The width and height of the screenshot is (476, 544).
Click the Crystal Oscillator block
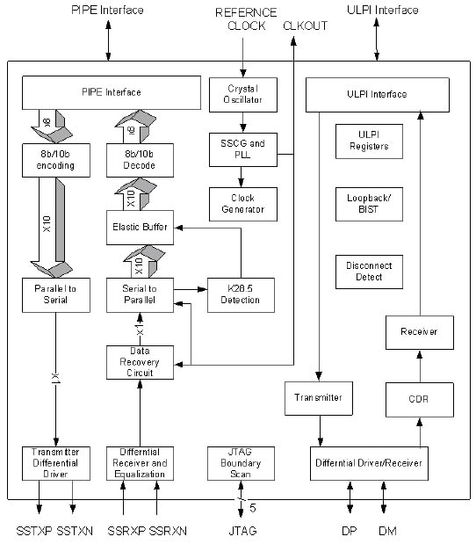[242, 95]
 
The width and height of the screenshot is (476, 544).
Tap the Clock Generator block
[242, 204]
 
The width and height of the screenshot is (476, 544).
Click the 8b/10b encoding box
[55, 160]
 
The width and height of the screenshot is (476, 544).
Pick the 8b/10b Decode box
[139, 160]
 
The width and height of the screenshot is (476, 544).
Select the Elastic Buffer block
[139, 226]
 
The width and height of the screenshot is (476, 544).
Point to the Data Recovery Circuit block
[139, 361]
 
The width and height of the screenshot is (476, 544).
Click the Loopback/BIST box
[369, 205]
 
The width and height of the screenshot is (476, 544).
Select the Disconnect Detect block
[369, 271]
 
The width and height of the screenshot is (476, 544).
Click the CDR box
[419, 399]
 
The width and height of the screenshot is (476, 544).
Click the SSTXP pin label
[34, 531]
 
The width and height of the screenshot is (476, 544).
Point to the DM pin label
[386, 531]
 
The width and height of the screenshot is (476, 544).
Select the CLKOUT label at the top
[304, 25]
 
